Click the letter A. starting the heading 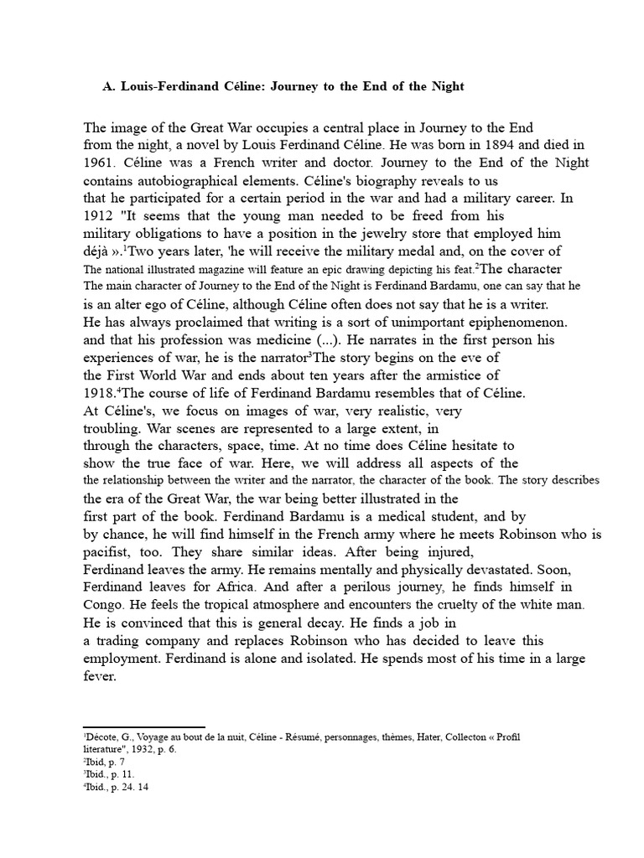(106, 86)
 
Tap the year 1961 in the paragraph (98, 163)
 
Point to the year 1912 (98, 215)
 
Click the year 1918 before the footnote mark (100, 392)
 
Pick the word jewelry (364, 233)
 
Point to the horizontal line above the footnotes (143, 727)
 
